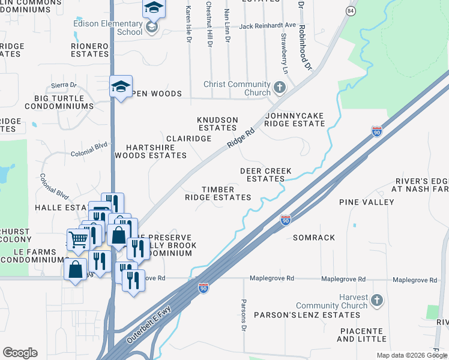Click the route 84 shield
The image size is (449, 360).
(x=351, y=11)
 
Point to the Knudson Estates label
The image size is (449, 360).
(x=217, y=124)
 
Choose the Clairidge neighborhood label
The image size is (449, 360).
(x=188, y=139)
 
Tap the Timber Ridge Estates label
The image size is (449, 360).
(x=217, y=193)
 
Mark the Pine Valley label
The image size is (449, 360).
(x=366, y=202)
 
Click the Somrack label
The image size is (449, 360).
(x=314, y=238)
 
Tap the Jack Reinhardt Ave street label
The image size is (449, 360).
(x=267, y=26)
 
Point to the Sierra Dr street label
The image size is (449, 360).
(x=65, y=85)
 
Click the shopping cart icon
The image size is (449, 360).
(x=78, y=239)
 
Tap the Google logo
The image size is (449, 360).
(x=20, y=353)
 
